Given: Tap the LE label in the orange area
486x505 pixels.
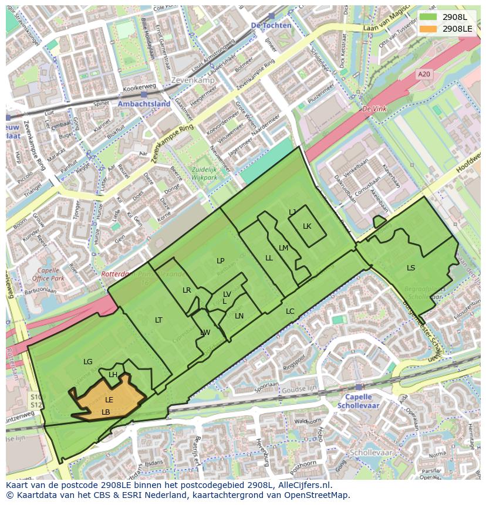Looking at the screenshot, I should tap(109, 400).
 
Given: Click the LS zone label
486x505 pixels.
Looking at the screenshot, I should tap(411, 268).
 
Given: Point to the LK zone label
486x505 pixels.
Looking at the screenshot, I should tap(307, 226).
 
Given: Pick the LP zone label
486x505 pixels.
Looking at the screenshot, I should tap(221, 261).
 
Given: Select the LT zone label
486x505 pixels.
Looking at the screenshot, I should tap(158, 320).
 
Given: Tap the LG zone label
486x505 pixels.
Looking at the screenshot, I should tap(88, 362).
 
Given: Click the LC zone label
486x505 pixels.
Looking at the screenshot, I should tap(290, 311).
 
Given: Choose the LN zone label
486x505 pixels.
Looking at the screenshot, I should tap(239, 316).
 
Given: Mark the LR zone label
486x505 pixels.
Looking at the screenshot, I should tap(187, 290).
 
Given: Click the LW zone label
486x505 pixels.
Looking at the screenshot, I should tap(205, 333).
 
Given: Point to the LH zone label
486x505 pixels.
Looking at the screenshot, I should tap(113, 375).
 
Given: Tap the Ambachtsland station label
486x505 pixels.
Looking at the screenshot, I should tap(144, 104).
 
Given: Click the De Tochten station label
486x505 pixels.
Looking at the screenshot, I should tap(271, 25).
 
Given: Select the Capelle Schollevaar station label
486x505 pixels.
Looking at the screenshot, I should tap(358, 401).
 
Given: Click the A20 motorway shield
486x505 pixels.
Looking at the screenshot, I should tap(423, 74).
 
